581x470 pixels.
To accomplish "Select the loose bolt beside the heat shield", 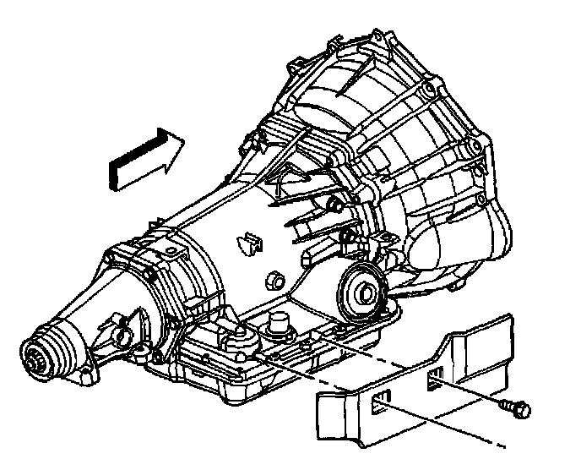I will pyautogui.click(x=514, y=409).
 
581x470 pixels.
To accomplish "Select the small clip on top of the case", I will pyautogui.click(x=248, y=242).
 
